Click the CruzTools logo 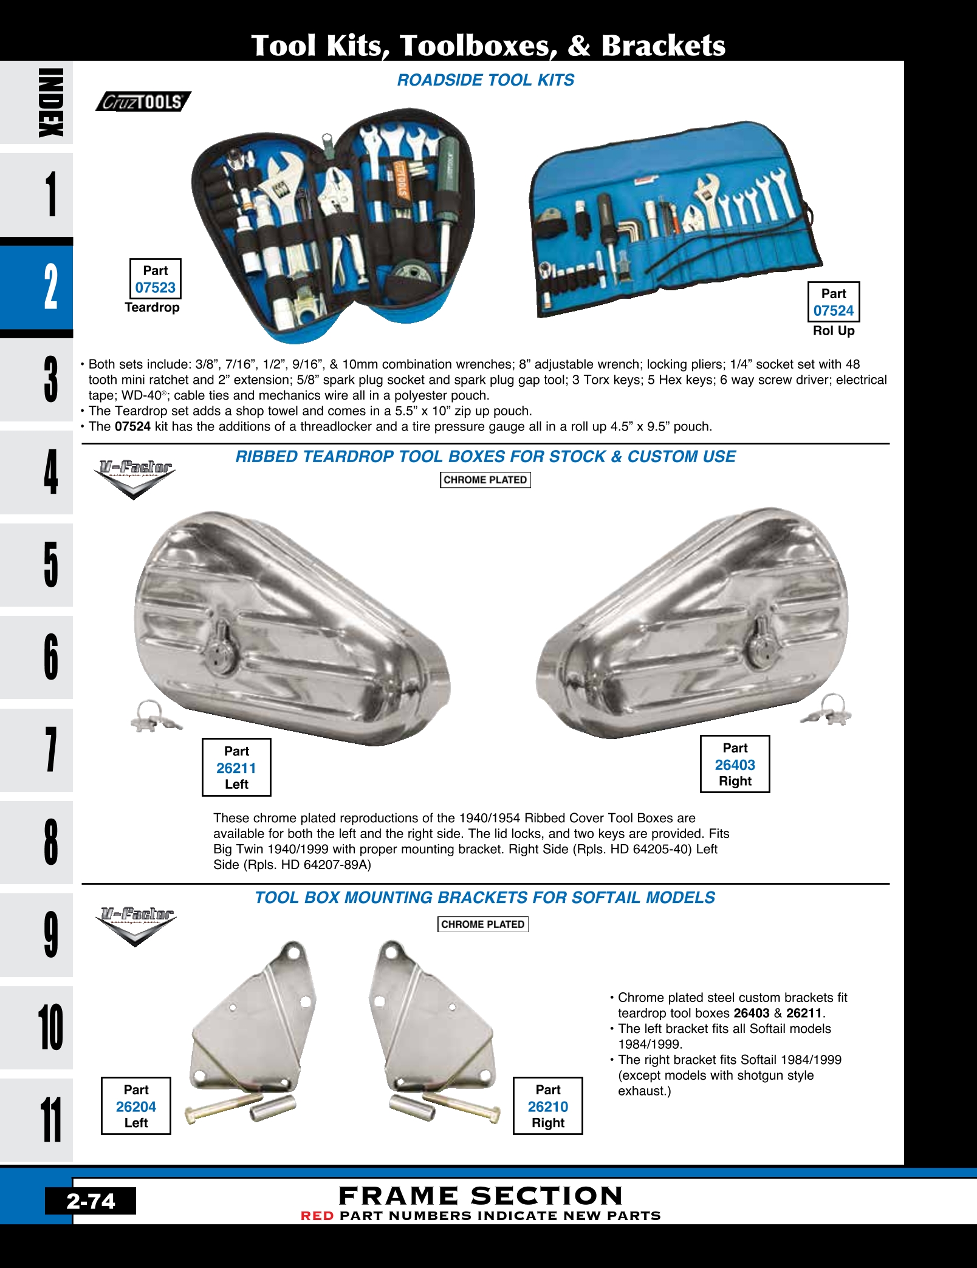click(x=143, y=101)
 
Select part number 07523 click(x=156, y=288)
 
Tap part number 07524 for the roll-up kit click(x=833, y=311)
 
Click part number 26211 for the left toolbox click(x=236, y=768)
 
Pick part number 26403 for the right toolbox click(x=735, y=765)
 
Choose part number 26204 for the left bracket click(x=136, y=1107)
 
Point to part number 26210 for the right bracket click(x=547, y=1107)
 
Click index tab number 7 click(x=51, y=750)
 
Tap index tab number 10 click(x=51, y=1028)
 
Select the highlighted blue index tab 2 click(x=51, y=287)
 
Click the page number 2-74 click(x=91, y=1201)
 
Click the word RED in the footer click(x=317, y=1216)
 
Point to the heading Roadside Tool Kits click(x=485, y=80)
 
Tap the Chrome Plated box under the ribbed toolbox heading click(x=485, y=480)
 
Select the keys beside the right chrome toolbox click(x=828, y=711)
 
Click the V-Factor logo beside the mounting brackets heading click(x=136, y=925)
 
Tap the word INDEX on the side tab click(x=51, y=103)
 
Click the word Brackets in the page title click(x=663, y=46)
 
